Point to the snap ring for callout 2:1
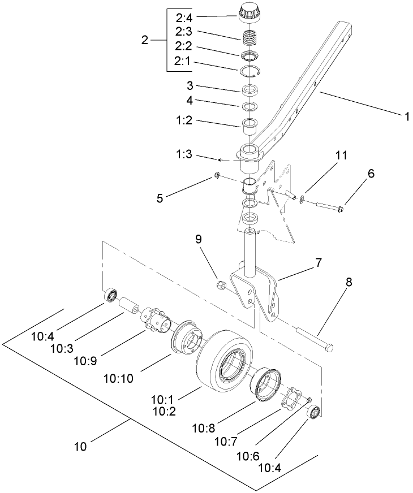coord(248,70)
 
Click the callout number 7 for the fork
coord(319,263)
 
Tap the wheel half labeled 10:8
coord(266,385)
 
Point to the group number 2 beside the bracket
coord(145,40)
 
